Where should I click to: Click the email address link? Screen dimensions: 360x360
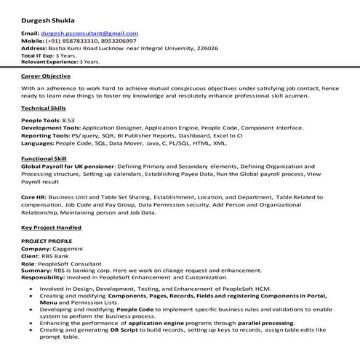pyautogui.click(x=89, y=33)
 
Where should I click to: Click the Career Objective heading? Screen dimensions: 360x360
pyautogui.click(x=46, y=76)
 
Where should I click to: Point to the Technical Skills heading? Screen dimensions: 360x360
pyautogui.click(x=45, y=108)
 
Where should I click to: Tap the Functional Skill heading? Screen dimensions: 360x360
pyautogui.click(x=44, y=157)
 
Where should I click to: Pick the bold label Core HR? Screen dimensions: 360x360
pyautogui.click(x=34, y=198)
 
